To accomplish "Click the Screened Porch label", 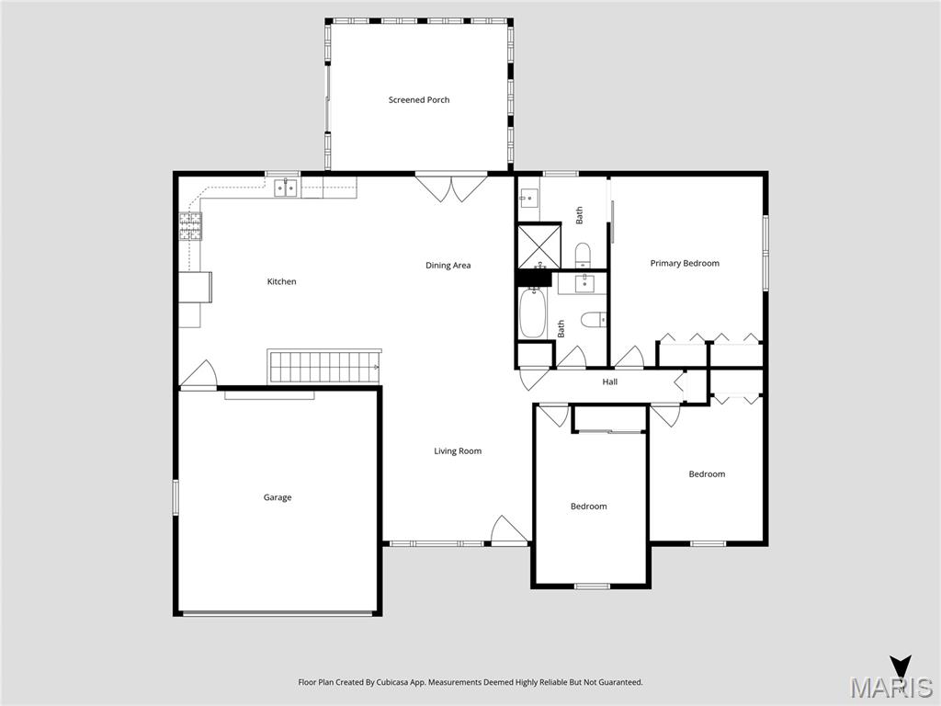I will (x=419, y=100).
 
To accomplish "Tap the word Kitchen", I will (x=281, y=281).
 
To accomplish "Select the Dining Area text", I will (x=448, y=266).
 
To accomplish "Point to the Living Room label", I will (x=458, y=451).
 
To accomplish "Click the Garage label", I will (x=278, y=497).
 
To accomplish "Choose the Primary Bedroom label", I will (x=685, y=264).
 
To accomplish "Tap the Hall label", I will (x=609, y=381).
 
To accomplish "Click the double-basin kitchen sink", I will (x=287, y=188).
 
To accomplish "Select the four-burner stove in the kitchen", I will (x=190, y=226).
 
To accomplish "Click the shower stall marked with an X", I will (x=537, y=245).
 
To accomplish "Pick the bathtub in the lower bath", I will (x=532, y=313).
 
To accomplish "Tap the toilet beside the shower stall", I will (x=583, y=254).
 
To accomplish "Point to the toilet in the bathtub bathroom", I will (x=594, y=320).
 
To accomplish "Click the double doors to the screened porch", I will (x=451, y=188).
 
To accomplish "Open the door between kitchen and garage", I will (x=198, y=375).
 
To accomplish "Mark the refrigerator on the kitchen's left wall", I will (x=195, y=287).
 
